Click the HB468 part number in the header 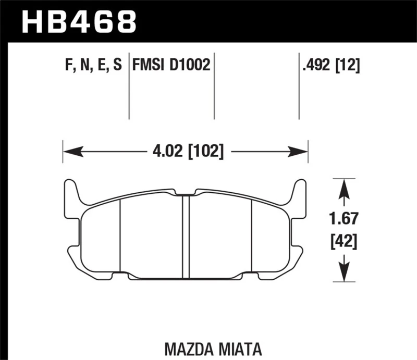(x=78, y=21)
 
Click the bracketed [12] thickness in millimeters (x=348, y=65)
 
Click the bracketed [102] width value (x=206, y=152)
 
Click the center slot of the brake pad (x=185, y=234)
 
